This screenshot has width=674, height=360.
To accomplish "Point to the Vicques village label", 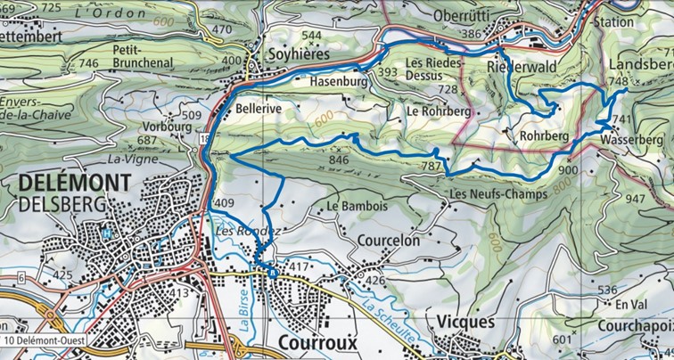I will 464,322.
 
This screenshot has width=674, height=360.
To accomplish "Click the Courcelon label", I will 388,241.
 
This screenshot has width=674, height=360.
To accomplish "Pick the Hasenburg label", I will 340,81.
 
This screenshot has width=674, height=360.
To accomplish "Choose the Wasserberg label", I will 632,140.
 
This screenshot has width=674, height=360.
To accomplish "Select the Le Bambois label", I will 357,207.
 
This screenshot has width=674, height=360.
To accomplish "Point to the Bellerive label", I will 259,107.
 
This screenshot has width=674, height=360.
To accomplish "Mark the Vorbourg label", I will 168,127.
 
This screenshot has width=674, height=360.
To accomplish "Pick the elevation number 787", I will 432,166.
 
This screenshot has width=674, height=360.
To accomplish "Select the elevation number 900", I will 568,170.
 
